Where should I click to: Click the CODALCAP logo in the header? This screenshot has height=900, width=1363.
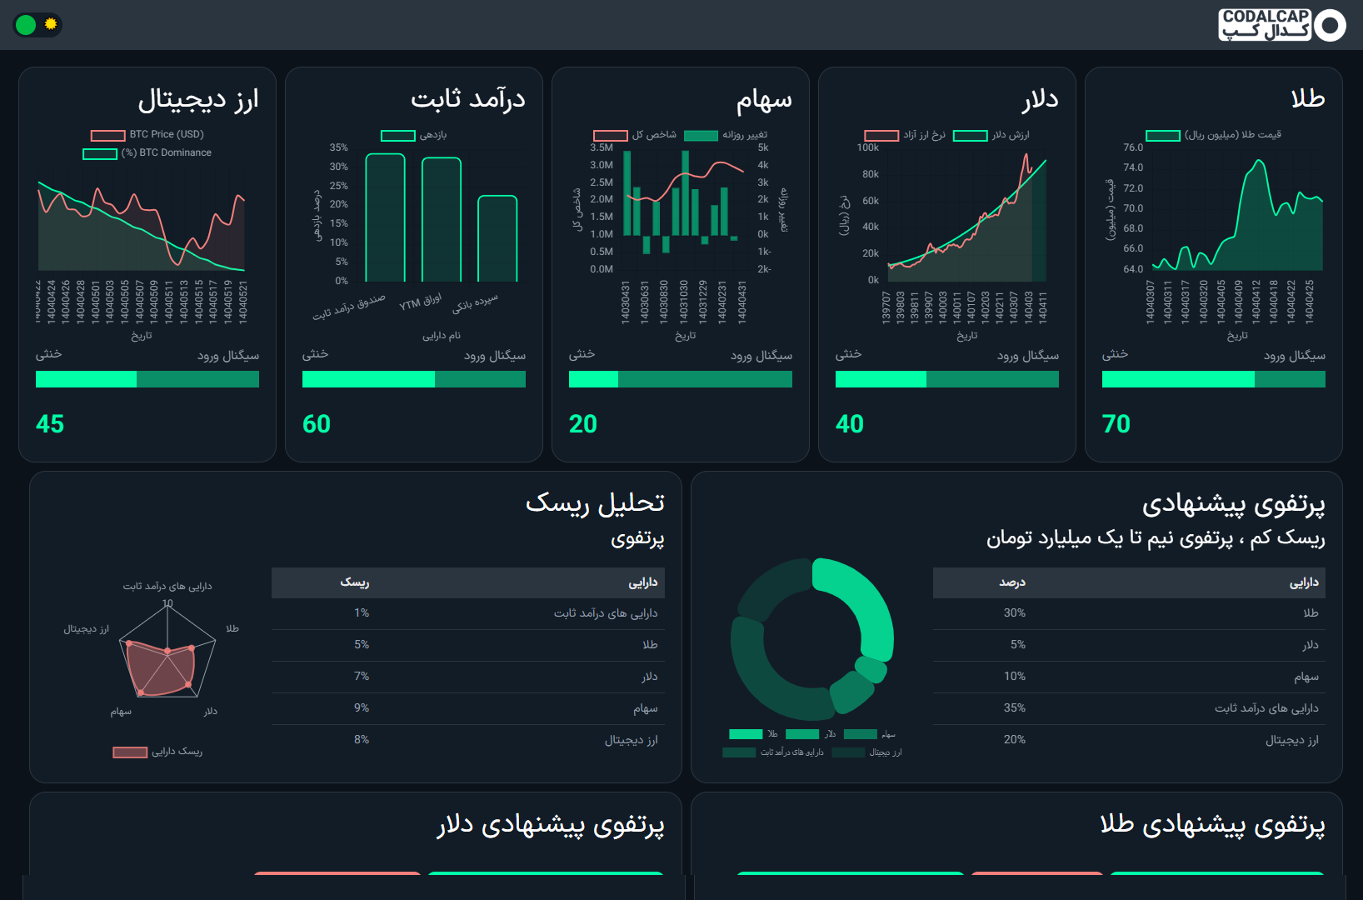pyautogui.click(x=1281, y=25)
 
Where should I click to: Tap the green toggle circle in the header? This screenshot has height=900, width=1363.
pyautogui.click(x=26, y=25)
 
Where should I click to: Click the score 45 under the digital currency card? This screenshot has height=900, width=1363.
pyautogui.click(x=50, y=424)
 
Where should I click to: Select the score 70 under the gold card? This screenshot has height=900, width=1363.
pyautogui.click(x=1116, y=424)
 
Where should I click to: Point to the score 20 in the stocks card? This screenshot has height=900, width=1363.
pyautogui.click(x=583, y=424)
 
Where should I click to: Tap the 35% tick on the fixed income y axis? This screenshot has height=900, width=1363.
pyautogui.click(x=338, y=147)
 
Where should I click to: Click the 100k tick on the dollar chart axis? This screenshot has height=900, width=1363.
pyautogui.click(x=867, y=147)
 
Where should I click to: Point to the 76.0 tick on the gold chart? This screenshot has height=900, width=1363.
pyautogui.click(x=1133, y=147)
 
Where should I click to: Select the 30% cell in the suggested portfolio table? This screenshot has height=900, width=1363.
pyautogui.click(x=1014, y=613)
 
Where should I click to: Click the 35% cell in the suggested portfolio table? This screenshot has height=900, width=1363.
pyautogui.click(x=1014, y=708)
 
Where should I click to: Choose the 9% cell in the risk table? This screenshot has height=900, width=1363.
pyautogui.click(x=362, y=708)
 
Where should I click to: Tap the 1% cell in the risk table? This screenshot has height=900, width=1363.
pyautogui.click(x=362, y=613)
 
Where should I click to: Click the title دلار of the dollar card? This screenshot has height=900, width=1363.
pyautogui.click(x=1040, y=99)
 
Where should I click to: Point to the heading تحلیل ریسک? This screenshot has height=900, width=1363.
pyautogui.click(x=595, y=503)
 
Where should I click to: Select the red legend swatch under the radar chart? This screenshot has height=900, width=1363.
pyautogui.click(x=130, y=752)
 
